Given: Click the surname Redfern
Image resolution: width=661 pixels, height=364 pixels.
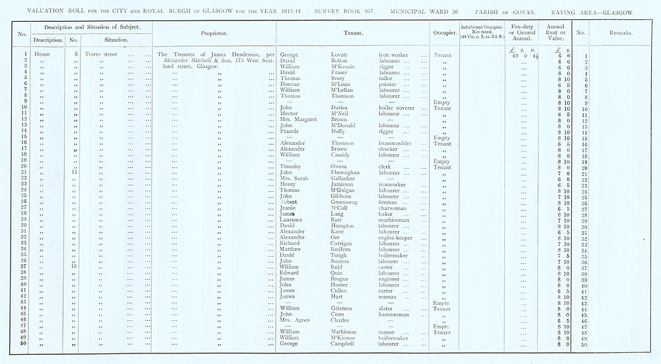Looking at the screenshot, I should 343,250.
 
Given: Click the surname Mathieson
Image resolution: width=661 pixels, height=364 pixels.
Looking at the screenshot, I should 348,332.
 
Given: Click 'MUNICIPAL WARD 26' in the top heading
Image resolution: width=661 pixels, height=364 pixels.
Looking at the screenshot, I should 413,12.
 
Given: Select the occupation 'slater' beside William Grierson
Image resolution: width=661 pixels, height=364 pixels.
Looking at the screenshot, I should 387,308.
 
